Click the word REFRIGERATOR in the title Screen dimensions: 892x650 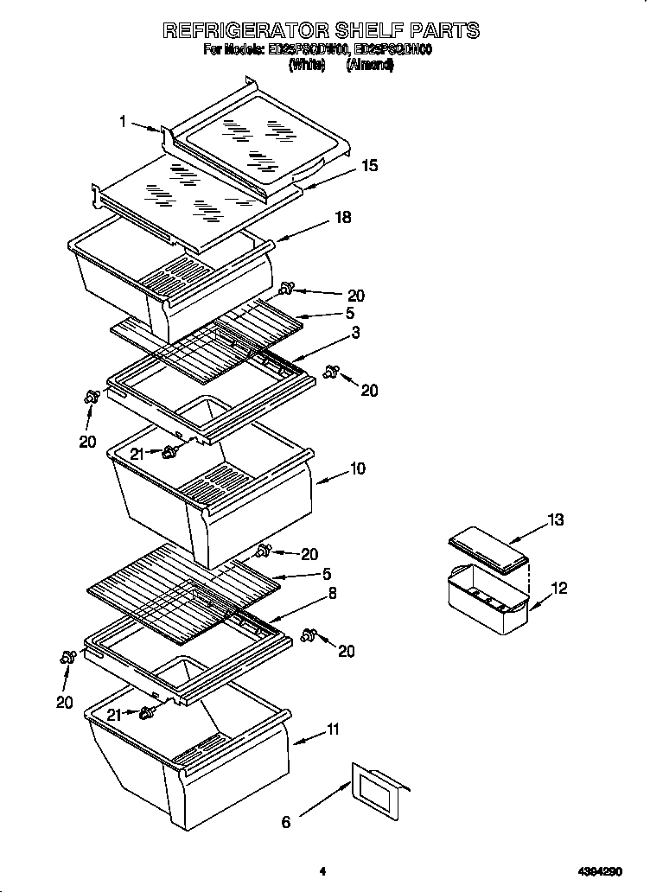(246, 30)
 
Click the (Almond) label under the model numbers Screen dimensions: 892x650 (370, 64)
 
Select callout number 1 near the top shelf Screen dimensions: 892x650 (123, 122)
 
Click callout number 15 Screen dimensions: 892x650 (369, 165)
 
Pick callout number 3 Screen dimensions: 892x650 (355, 332)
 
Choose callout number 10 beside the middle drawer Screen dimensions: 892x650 (357, 468)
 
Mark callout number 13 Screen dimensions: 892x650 (555, 519)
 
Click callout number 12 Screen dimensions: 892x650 (559, 589)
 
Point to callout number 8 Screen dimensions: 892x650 (333, 593)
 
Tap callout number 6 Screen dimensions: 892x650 (286, 822)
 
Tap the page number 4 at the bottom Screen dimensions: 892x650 (322, 871)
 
